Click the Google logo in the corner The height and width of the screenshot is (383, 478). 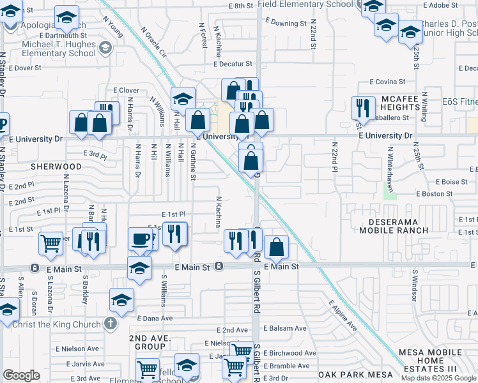pos(21,375)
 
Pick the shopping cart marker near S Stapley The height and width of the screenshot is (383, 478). pos(51,243)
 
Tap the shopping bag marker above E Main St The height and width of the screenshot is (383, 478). pos(276,247)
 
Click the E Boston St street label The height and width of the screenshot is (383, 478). pos(434,193)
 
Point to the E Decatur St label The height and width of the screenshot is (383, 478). pos(234,64)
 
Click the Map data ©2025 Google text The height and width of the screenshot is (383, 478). pos(438,378)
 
